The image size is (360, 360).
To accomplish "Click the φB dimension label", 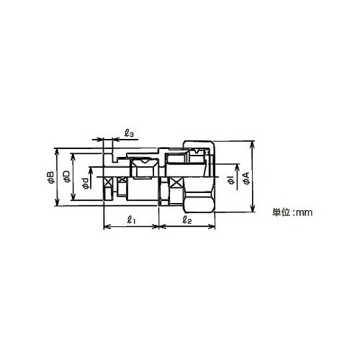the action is pos(51,177).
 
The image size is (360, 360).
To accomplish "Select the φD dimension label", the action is pos(67,176).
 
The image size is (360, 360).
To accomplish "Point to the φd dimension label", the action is pos(85,183).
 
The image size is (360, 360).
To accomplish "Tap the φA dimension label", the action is pos(246,178).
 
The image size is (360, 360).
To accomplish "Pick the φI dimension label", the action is pos(231,180).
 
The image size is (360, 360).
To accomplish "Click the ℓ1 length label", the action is pos(131,220).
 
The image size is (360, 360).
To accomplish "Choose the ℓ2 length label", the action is pos(187,220).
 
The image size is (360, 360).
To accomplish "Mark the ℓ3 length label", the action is pos(129,133).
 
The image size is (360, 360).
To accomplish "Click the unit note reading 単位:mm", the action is pos(292,212).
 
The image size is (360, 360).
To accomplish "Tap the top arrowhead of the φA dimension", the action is pos(252,145).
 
